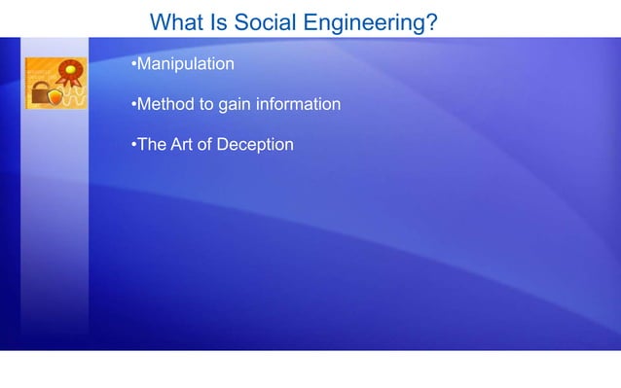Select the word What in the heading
[x=178, y=21]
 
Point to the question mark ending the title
[x=430, y=21]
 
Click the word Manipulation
[x=185, y=65]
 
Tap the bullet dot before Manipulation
[x=132, y=65]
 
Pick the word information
[x=298, y=105]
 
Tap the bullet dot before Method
[x=132, y=105]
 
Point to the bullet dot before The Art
[x=132, y=145]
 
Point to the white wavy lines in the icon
[x=74, y=98]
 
